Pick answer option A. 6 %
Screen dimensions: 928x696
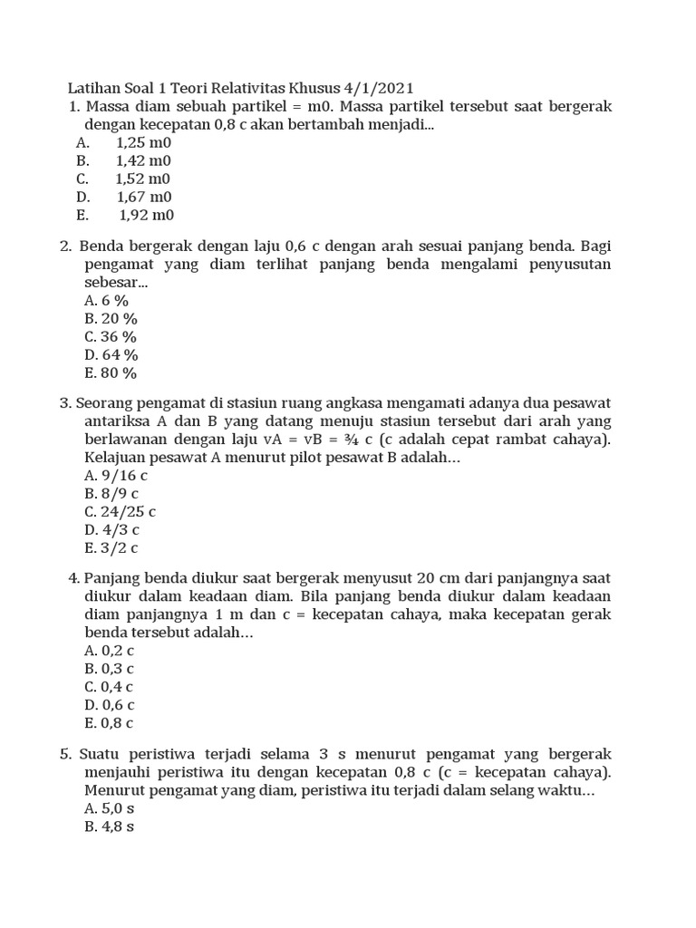click(107, 301)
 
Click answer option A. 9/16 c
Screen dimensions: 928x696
click(116, 476)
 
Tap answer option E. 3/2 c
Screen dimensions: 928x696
click(111, 548)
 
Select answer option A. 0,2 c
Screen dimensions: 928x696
click(110, 651)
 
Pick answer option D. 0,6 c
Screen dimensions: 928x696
click(110, 705)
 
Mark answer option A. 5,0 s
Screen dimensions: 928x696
click(110, 807)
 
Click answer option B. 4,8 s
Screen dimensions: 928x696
click(110, 826)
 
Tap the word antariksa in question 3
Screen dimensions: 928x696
click(118, 421)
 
